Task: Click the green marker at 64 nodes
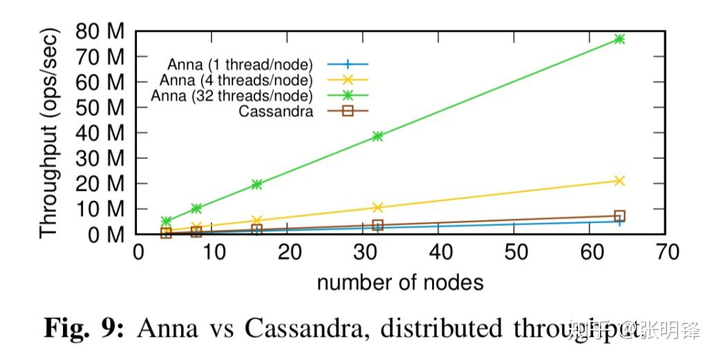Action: [619, 39]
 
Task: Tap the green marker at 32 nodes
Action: [377, 136]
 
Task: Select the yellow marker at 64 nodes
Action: [619, 180]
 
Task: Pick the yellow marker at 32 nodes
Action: [377, 207]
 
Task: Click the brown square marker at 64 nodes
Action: [619, 216]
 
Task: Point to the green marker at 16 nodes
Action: [256, 184]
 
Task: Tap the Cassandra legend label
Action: [274, 111]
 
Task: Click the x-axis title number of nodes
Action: [400, 283]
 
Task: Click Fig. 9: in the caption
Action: [84, 328]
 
